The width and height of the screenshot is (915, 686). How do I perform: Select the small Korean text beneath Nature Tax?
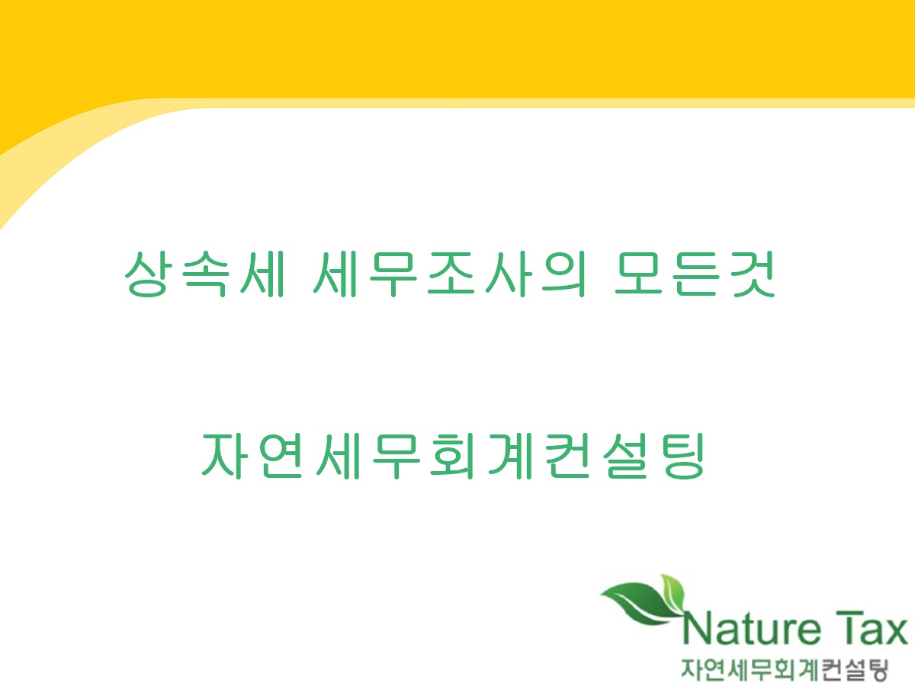(785, 668)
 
